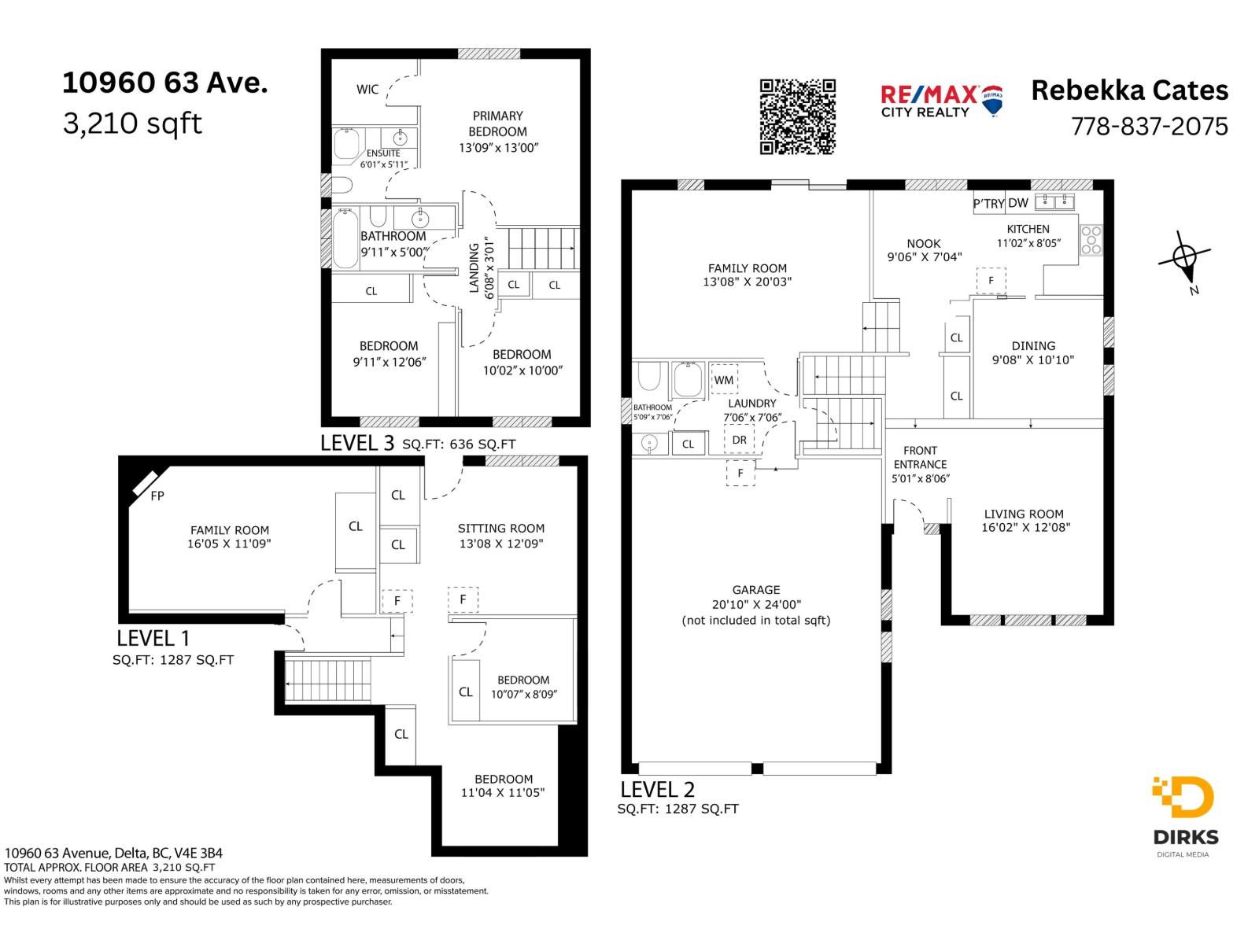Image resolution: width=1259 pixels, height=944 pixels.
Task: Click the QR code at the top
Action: tap(797, 116)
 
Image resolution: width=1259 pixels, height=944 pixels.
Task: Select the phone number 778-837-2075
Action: tap(1150, 127)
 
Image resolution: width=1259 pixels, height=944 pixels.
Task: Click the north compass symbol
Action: tap(1185, 257)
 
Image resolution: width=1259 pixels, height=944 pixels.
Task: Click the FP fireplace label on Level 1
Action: tap(157, 496)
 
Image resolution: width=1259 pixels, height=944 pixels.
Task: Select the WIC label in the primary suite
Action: tap(367, 90)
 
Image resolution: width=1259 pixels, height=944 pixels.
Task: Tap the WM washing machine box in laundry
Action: tap(724, 380)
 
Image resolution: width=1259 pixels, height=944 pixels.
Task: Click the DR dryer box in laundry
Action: tap(739, 440)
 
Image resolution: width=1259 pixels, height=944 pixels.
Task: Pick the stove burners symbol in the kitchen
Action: tap(1091, 240)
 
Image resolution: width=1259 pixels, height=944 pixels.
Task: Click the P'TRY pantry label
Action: tap(988, 204)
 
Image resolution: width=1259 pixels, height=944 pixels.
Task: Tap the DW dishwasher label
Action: tap(1018, 203)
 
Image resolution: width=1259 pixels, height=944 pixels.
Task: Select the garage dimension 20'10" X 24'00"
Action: tap(756, 605)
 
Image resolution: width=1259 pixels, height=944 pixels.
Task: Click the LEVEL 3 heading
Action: tap(357, 443)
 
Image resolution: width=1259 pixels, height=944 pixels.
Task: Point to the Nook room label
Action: tap(924, 244)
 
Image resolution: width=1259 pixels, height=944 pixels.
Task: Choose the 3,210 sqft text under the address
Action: tap(132, 124)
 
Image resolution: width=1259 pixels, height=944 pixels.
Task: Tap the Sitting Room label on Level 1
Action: tap(501, 529)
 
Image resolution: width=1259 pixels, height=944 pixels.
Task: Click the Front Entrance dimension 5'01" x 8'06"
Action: tap(920, 478)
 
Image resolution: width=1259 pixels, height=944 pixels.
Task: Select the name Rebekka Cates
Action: tap(1129, 90)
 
